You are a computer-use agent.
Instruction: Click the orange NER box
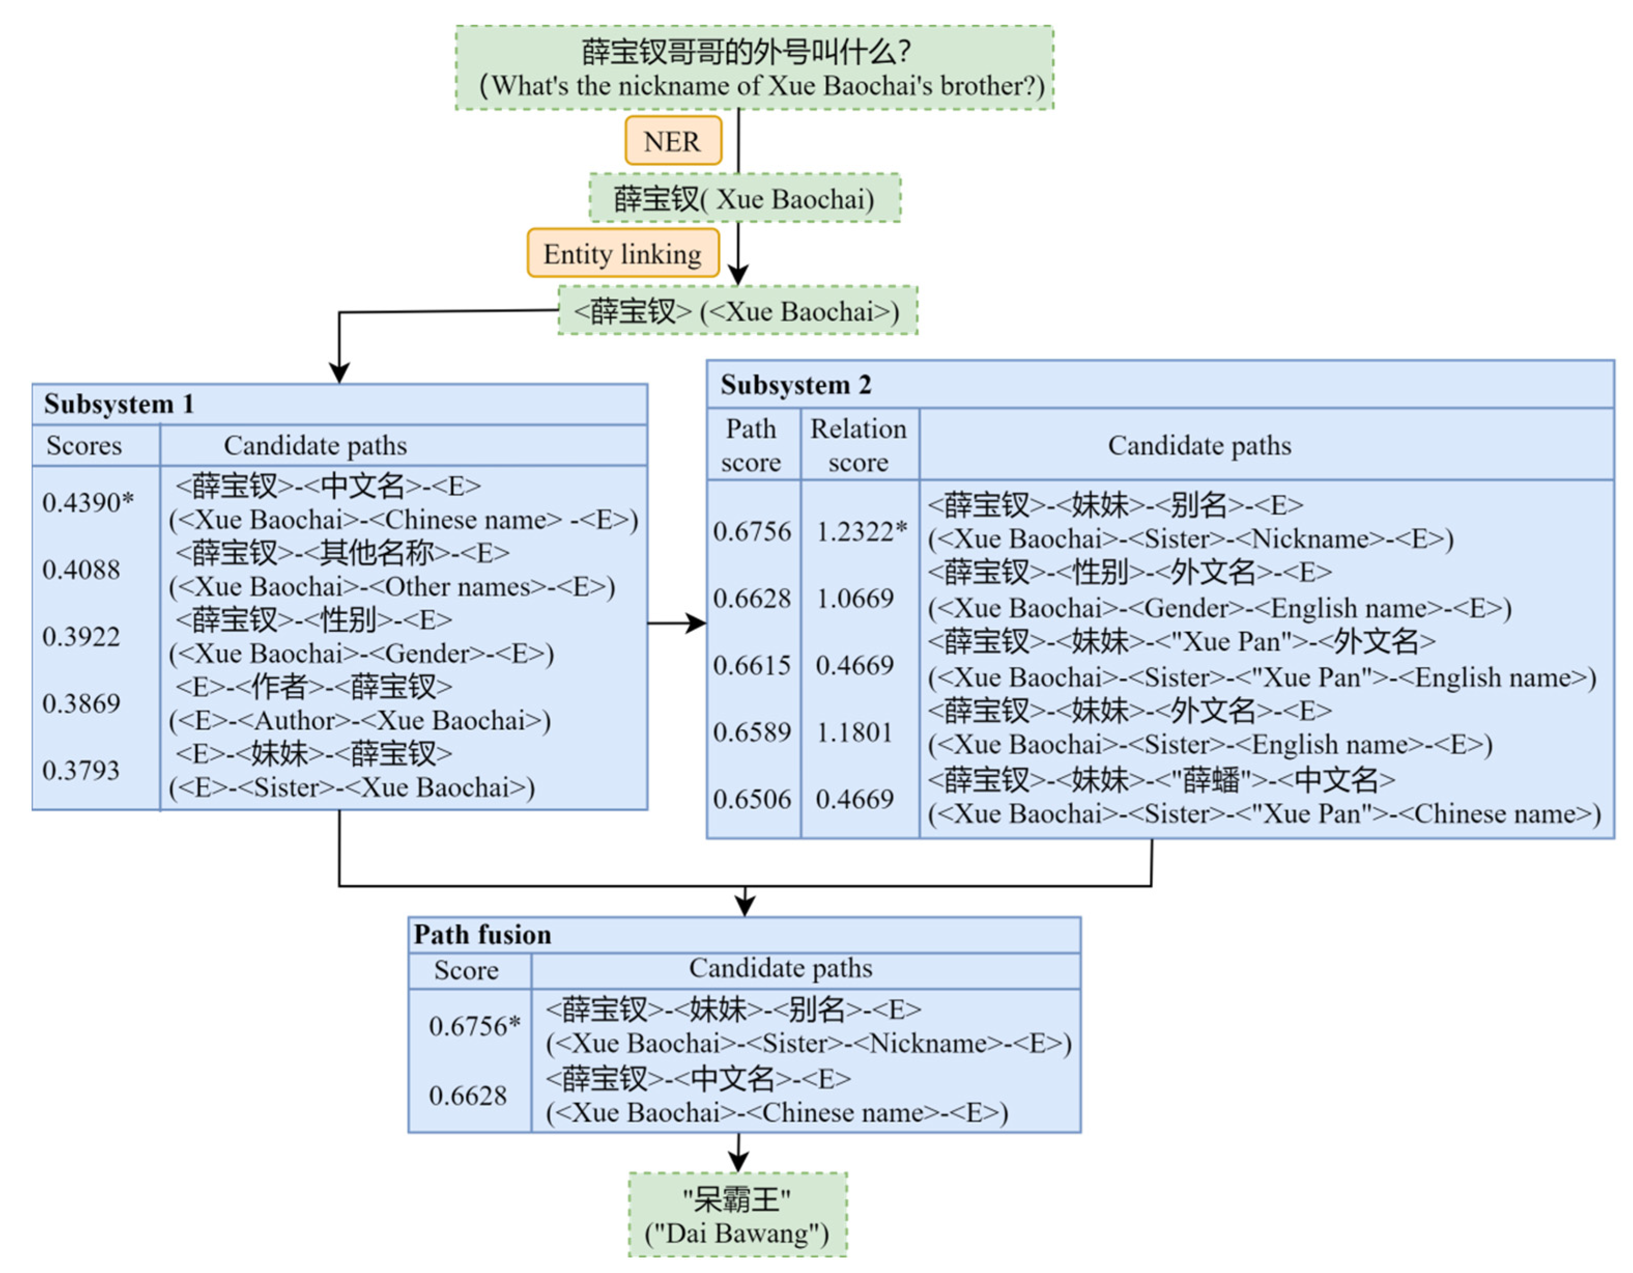(673, 140)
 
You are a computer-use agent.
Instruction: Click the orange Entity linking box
(622, 253)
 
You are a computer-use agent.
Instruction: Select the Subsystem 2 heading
(796, 385)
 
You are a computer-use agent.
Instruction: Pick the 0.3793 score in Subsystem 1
(81, 770)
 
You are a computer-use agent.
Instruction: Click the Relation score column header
(858, 445)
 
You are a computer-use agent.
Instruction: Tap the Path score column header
(751, 445)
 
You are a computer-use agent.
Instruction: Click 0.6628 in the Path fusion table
(467, 1096)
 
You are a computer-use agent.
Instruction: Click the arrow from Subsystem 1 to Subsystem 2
(676, 623)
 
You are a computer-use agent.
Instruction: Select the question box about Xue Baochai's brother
(754, 68)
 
